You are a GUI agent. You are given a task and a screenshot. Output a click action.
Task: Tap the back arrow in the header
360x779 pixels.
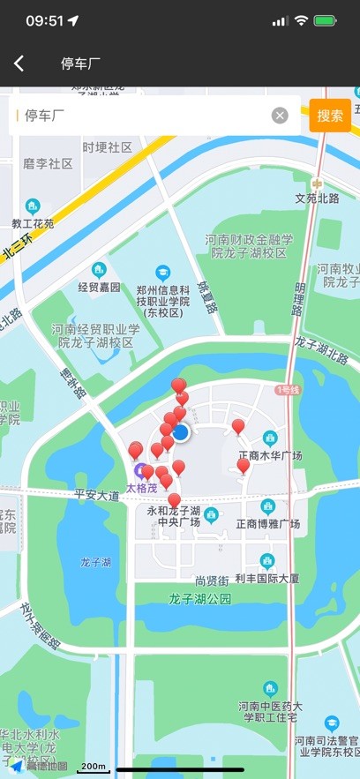pos(19,64)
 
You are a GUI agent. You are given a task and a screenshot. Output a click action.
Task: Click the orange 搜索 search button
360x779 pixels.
pos(330,116)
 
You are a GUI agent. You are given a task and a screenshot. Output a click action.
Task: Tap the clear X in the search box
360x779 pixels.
pos(280,116)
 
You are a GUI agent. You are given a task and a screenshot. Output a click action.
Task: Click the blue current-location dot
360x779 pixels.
pos(181,432)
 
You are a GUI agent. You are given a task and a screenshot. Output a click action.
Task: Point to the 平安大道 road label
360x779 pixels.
pos(96,496)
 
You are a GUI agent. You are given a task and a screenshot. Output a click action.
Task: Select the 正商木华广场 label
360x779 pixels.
pos(270,455)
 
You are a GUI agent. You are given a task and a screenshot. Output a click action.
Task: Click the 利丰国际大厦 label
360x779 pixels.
pos(267,579)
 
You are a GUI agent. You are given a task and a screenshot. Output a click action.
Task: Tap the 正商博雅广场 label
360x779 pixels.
pos(268,524)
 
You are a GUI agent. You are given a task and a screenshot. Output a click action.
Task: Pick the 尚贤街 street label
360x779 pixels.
pos(212,581)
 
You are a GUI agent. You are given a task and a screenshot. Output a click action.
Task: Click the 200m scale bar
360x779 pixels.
pos(93,768)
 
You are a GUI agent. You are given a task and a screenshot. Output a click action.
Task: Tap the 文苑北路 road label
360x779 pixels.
pos(317,198)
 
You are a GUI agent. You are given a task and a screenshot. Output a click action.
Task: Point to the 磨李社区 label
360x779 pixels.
pos(48,163)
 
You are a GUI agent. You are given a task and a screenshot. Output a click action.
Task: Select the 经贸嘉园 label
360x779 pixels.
pos(99,287)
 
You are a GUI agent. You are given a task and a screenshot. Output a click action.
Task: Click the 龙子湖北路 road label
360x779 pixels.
pos(321,350)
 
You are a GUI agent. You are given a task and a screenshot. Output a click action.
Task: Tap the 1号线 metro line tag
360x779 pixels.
pos(288,389)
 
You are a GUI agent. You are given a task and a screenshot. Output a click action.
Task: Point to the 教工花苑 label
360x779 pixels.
pos(33,223)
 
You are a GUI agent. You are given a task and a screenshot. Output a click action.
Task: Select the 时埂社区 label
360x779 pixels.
pos(107,147)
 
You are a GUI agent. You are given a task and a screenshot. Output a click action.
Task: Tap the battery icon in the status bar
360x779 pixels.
pos(326,20)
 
